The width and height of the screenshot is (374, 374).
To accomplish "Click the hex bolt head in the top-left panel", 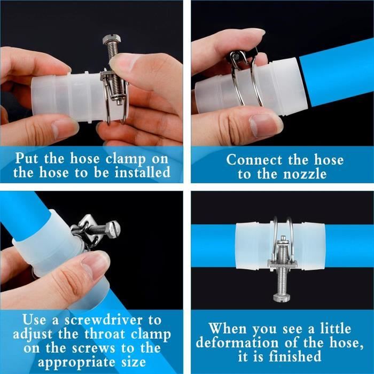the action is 112,40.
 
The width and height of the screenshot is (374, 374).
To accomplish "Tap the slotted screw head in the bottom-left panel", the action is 113,229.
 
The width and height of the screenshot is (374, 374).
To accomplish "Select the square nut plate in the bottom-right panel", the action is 282,265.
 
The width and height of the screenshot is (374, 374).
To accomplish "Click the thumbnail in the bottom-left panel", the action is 93,263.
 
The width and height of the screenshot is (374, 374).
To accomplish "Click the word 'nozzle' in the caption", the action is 305,174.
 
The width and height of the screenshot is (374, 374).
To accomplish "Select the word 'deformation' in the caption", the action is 237,343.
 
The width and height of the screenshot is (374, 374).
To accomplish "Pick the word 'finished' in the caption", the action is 295,357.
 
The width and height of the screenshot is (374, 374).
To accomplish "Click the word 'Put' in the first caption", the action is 26,158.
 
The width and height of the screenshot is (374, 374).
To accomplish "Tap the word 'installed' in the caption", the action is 143,172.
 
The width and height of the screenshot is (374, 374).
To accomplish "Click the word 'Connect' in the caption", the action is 254,160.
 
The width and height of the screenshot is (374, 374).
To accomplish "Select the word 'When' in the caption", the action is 228,329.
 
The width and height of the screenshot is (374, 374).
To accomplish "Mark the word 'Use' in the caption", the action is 34,320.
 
